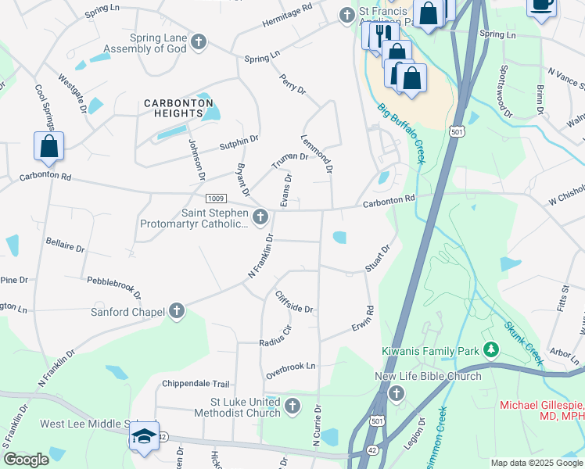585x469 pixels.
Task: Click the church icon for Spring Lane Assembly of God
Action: click(199, 41)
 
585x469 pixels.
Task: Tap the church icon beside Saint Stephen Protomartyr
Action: click(260, 216)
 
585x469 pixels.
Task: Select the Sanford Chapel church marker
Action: click(177, 312)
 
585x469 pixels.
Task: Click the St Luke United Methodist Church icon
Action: click(292, 406)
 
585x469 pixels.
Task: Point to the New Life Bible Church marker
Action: click(396, 393)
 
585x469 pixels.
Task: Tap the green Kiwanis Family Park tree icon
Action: click(491, 349)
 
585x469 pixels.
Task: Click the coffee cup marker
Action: click(540, 5)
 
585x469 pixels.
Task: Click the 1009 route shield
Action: click(217, 199)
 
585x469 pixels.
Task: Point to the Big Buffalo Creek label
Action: click(400, 133)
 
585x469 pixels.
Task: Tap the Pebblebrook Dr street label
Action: click(114, 288)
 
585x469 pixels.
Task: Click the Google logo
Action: click(26, 460)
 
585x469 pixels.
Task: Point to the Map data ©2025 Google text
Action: click(536, 463)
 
